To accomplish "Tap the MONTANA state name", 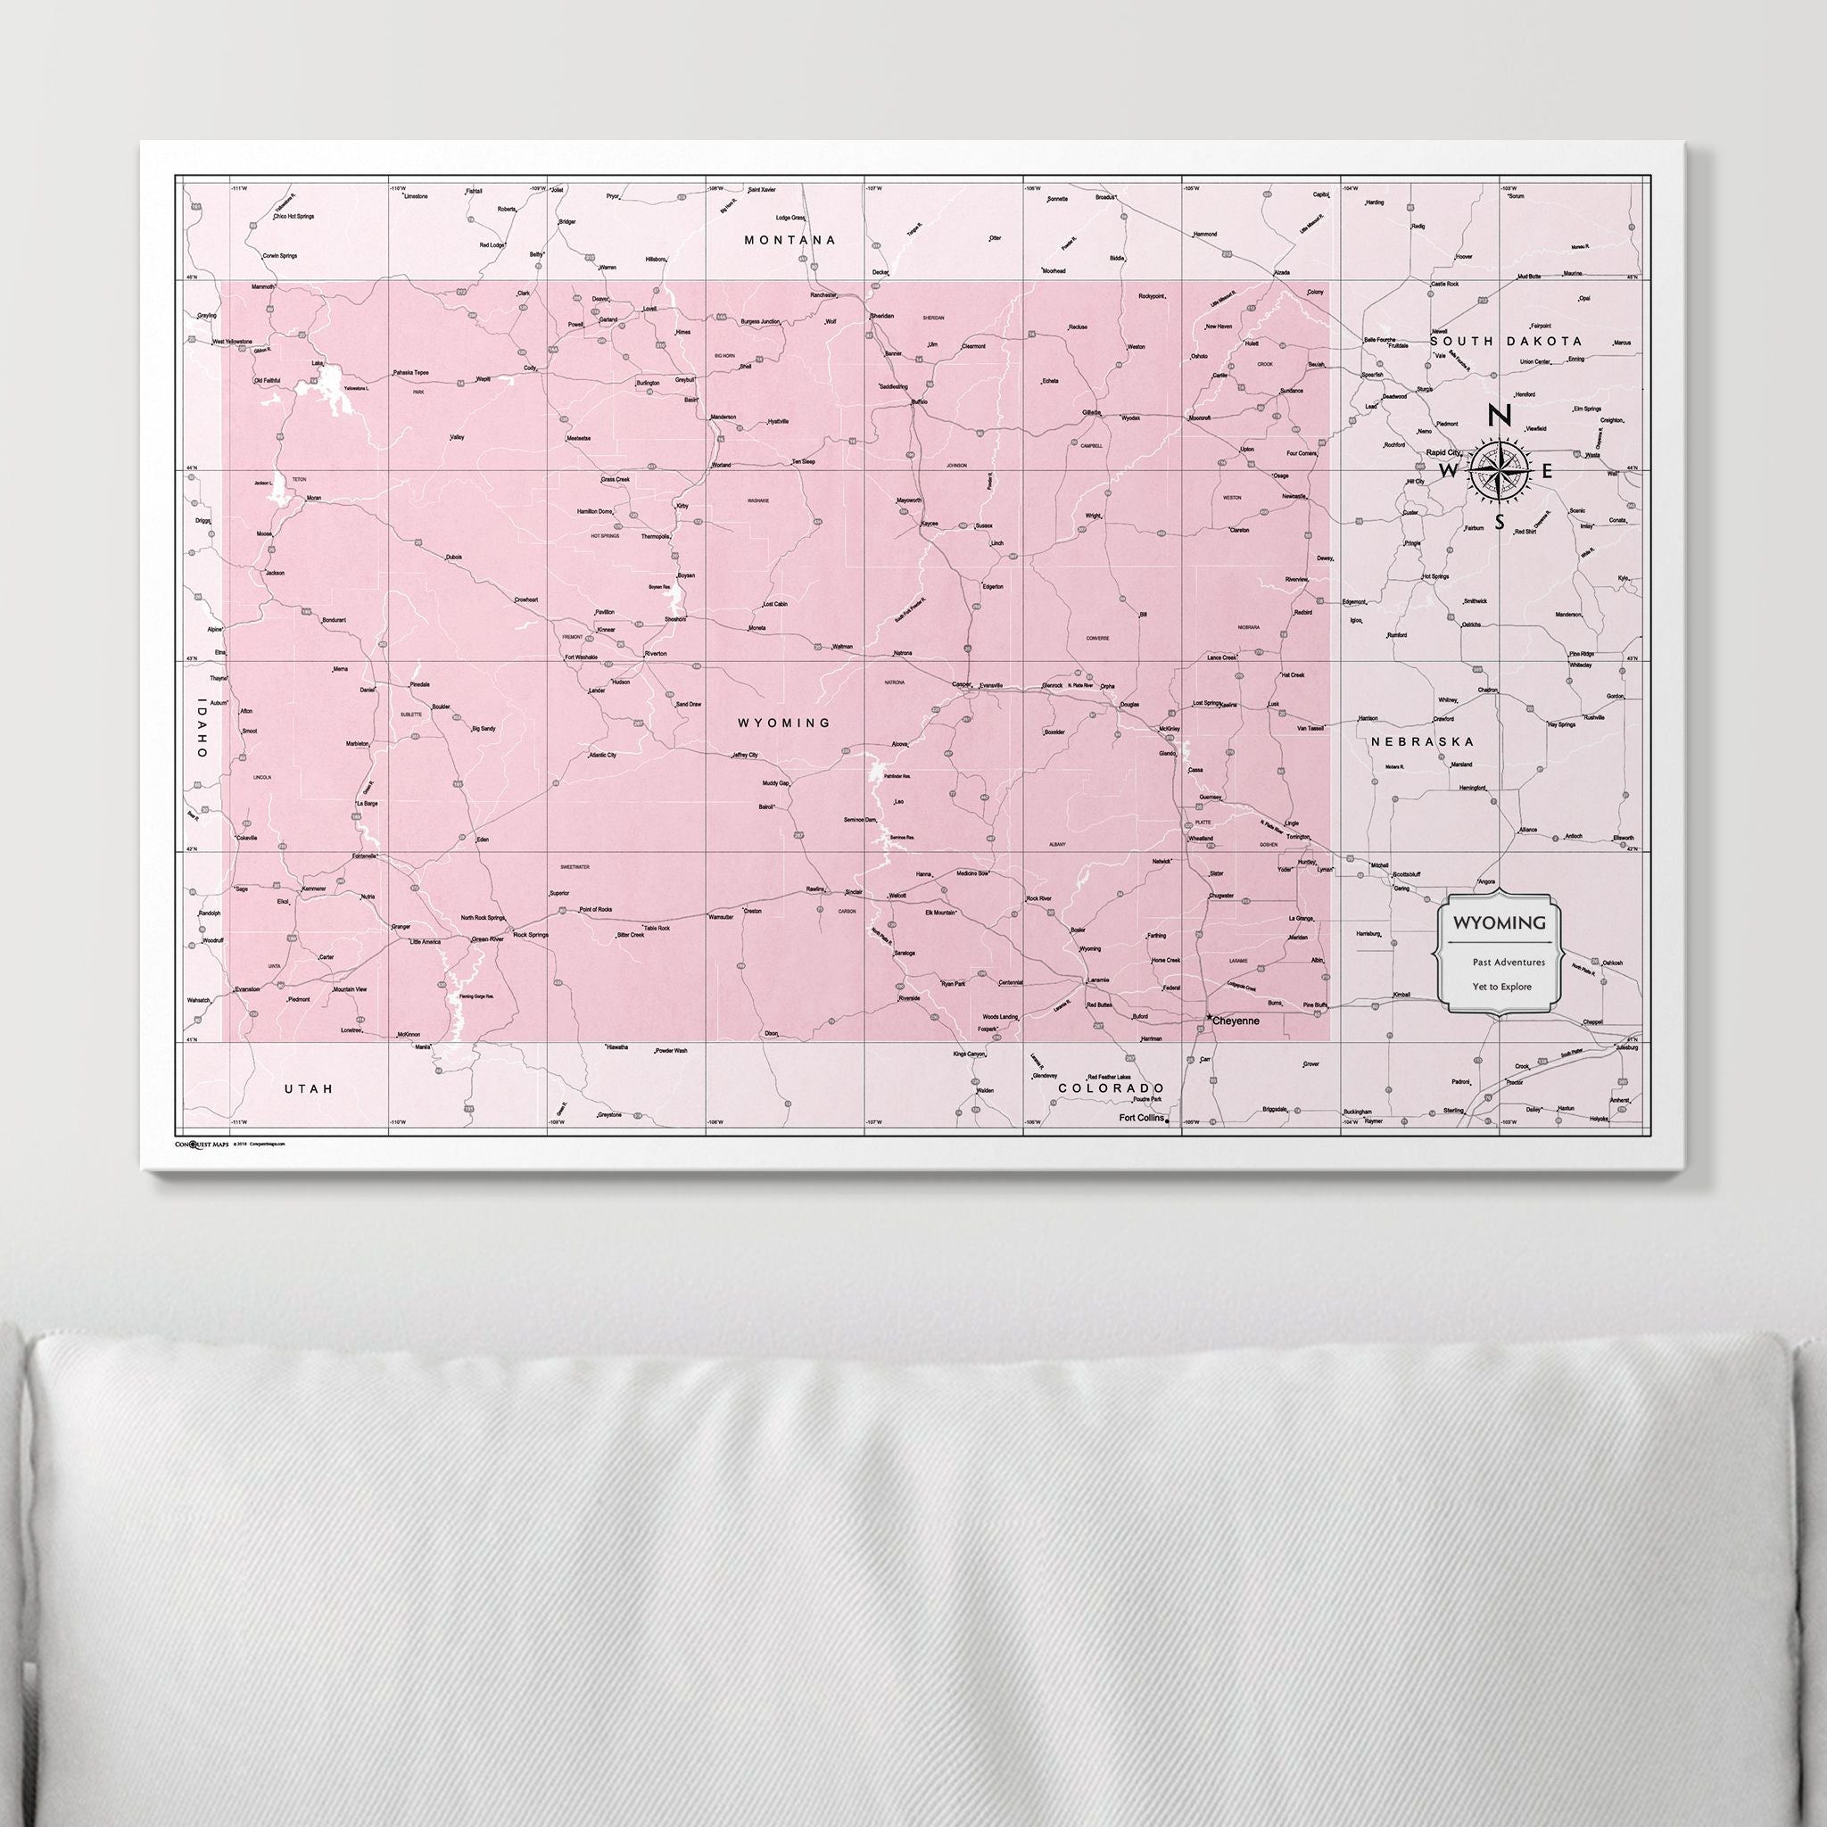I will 790,240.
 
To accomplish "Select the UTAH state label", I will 310,1088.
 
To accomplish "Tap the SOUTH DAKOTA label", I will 1506,341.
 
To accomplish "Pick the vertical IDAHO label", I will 201,727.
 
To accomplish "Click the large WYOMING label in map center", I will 784,723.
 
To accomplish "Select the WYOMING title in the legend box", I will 1500,922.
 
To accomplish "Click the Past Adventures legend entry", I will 1509,962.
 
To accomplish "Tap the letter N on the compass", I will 1499,415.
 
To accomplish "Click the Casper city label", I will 962,683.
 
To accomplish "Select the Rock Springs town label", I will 531,934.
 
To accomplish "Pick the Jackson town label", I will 274,573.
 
